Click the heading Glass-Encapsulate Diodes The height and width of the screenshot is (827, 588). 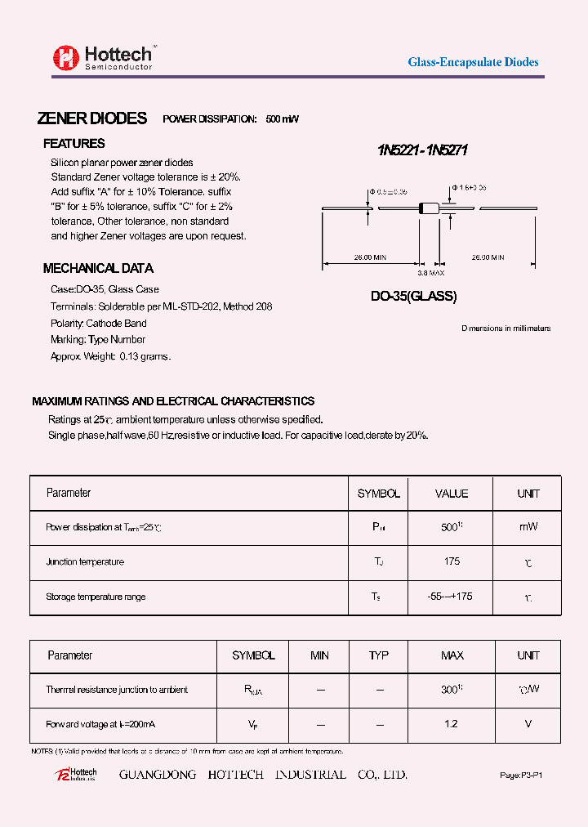(473, 62)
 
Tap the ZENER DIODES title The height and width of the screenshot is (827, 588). (92, 118)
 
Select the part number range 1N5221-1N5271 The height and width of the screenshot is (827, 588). (422, 150)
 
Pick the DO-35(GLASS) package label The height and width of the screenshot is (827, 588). (413, 297)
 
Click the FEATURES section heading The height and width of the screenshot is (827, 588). (73, 144)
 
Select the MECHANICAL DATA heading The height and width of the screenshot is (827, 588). (98, 268)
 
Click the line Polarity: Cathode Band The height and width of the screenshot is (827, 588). (98, 323)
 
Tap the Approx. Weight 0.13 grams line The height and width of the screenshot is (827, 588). (110, 356)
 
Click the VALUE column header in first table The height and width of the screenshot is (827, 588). (452, 494)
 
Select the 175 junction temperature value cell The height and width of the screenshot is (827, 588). (452, 561)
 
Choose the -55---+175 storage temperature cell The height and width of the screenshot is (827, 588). (450, 597)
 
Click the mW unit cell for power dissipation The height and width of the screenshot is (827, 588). (528, 527)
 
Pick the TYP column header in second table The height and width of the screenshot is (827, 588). (379, 655)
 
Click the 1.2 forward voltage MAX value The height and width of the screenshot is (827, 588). (451, 724)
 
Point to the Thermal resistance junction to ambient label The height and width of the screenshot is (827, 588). (117, 690)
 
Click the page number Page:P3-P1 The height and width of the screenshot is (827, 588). (520, 775)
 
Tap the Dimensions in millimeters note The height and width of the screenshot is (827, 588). (506, 329)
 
